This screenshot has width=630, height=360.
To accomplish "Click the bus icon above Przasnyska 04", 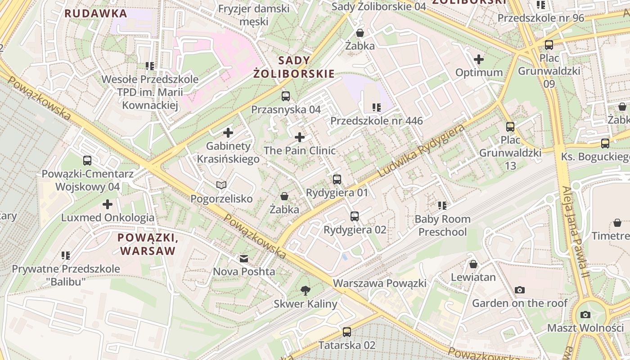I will [286, 96].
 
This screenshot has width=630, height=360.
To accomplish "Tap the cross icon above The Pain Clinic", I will [300, 137].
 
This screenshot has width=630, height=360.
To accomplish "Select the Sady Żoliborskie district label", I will [294, 67].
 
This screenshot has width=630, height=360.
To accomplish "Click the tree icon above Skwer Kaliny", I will [306, 290].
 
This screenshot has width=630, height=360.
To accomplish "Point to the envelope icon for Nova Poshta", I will [244, 259].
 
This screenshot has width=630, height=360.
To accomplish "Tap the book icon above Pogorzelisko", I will [221, 185].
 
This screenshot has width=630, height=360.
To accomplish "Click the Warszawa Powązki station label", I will [379, 283].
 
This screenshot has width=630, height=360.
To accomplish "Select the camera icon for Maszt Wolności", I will [585, 315].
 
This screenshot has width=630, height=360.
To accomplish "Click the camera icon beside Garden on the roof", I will [520, 290].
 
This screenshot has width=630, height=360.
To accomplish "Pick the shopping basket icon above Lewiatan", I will [473, 264].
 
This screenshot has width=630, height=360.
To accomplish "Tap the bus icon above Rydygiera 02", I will [355, 216].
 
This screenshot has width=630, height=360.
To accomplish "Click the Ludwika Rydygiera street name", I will [421, 151].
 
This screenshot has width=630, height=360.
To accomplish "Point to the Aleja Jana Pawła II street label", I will [573, 232].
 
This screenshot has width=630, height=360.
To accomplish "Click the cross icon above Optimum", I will [479, 59].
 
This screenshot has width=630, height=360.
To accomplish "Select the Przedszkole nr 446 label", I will [377, 121].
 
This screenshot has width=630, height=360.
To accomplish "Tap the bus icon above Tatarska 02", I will [346, 332].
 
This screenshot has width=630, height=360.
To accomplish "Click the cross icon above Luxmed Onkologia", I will [108, 204].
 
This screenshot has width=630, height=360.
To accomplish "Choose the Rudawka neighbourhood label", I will [96, 13].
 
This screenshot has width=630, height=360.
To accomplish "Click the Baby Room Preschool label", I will [443, 225].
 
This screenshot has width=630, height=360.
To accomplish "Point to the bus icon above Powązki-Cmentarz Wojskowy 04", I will [87, 160].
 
